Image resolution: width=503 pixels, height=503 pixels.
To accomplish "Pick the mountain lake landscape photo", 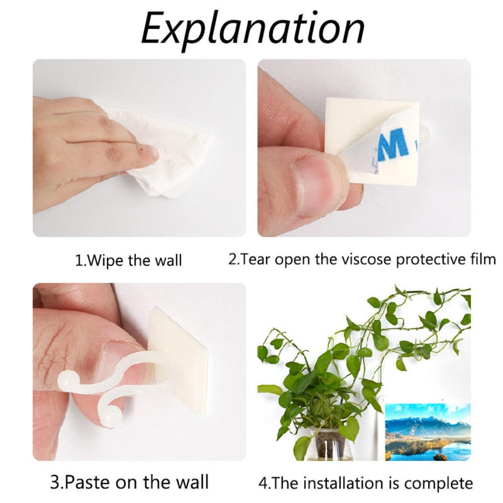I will (x=428, y=431).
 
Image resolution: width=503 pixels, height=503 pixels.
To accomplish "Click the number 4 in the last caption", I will (x=263, y=483).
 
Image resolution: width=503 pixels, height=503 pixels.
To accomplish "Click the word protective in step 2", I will (x=430, y=260).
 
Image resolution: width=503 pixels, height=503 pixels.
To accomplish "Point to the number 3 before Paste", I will (x=55, y=482).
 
